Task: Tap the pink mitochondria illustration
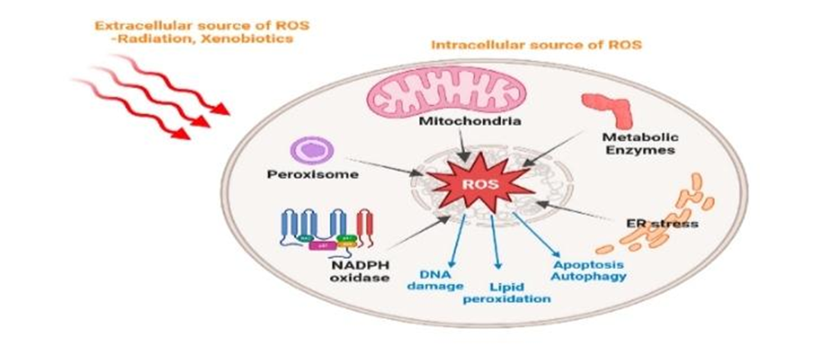(x=426, y=94)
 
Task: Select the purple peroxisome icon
(x=311, y=151)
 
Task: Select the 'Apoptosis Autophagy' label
(x=589, y=269)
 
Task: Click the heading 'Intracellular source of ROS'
(x=536, y=45)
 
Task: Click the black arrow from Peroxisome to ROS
(x=385, y=166)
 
